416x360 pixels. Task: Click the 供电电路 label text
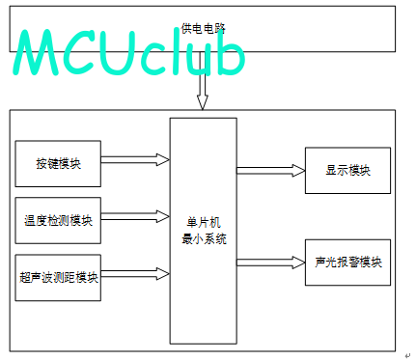203,29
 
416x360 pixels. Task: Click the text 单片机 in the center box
204,223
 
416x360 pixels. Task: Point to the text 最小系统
204,239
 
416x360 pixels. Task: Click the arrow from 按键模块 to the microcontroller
135,159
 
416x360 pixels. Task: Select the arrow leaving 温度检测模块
135,216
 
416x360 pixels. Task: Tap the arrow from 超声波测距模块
135,274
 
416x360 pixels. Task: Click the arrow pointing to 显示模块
271,171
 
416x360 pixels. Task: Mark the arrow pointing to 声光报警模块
271,263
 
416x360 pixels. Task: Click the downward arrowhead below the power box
203,102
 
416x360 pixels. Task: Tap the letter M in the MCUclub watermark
37,52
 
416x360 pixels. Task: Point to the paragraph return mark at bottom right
407,355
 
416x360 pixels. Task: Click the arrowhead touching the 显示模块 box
299,171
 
